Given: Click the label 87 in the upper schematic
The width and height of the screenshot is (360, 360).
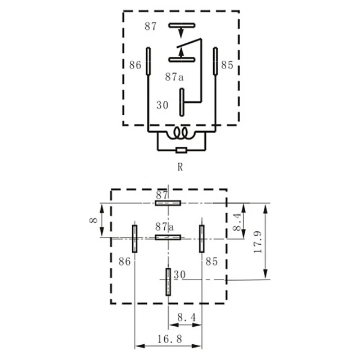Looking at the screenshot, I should tap(151, 26).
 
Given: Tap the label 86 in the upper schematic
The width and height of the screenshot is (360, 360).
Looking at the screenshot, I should tap(135, 65).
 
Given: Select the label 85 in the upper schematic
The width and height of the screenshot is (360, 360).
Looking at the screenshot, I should tap(227, 65).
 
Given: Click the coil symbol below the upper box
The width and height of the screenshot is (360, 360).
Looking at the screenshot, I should tap(181, 133).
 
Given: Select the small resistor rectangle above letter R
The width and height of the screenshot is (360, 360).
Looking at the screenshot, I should tap(181, 150).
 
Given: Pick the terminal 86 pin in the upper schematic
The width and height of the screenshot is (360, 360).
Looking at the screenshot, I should tap(148, 61).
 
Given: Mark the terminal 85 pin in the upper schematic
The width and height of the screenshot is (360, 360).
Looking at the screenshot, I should tap(215, 61).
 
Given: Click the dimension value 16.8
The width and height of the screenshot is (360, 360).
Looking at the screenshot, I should tap(168, 340).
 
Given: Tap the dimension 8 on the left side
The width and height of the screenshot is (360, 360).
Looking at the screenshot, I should tap(93, 220).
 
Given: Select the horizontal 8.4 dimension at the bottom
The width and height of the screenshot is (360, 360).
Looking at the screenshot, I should tap(185, 318).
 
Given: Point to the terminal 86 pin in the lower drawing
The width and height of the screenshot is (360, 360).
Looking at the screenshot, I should tap(134, 238).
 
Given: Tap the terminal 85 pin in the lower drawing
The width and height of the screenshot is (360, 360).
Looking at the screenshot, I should tap(201, 238).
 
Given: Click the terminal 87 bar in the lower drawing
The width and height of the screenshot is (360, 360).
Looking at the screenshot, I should tap(168, 202).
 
